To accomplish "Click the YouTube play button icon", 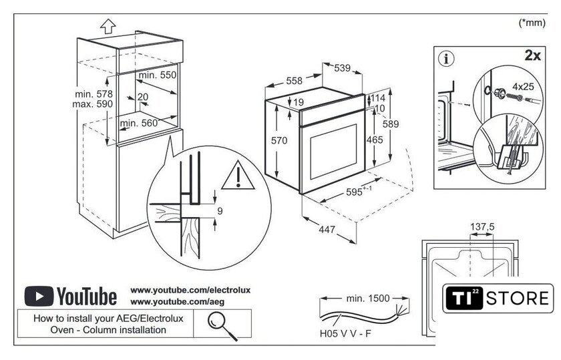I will coord(39,295).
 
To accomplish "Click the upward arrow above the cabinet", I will coord(106,27).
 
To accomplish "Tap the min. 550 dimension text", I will coord(158,75).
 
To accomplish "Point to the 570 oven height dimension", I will coord(278,141).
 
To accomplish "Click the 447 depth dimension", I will coord(326,230).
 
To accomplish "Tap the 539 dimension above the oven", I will coord(342,67).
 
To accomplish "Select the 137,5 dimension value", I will coord(482,227).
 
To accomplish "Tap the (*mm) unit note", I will coord(532,23).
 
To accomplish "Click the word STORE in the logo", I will coord(520,298).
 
